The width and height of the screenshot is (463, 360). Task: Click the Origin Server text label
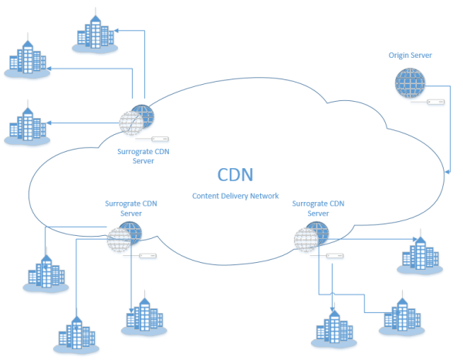(410, 56)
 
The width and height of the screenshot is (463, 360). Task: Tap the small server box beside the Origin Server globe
(436, 101)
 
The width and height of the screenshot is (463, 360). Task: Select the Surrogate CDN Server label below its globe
(144, 156)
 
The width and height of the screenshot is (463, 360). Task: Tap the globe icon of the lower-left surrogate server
(125, 236)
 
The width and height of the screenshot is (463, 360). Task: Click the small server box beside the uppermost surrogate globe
(160, 139)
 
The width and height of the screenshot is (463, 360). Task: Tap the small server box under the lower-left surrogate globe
(149, 255)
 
